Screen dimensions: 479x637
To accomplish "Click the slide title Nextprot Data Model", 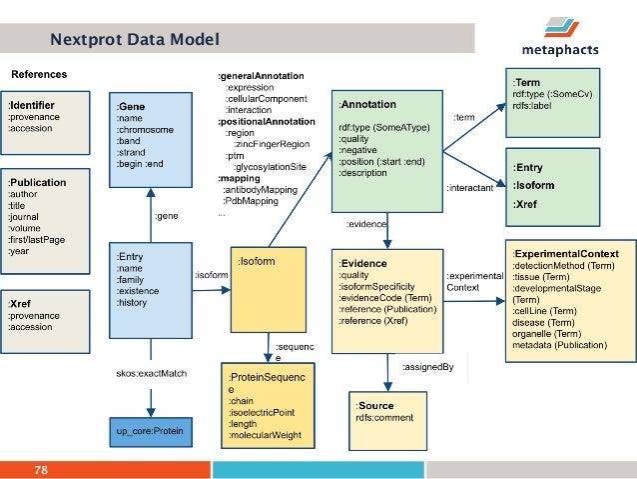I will point(135,40).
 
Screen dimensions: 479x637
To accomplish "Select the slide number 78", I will point(42,469).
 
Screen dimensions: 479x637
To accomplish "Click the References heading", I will point(39,74).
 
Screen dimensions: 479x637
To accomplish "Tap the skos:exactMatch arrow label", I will point(151,374).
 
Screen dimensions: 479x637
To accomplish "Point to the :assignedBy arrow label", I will point(427,367).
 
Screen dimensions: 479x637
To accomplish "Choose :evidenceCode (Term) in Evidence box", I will point(385,298).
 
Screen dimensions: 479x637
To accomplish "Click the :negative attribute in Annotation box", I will point(358,149).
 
